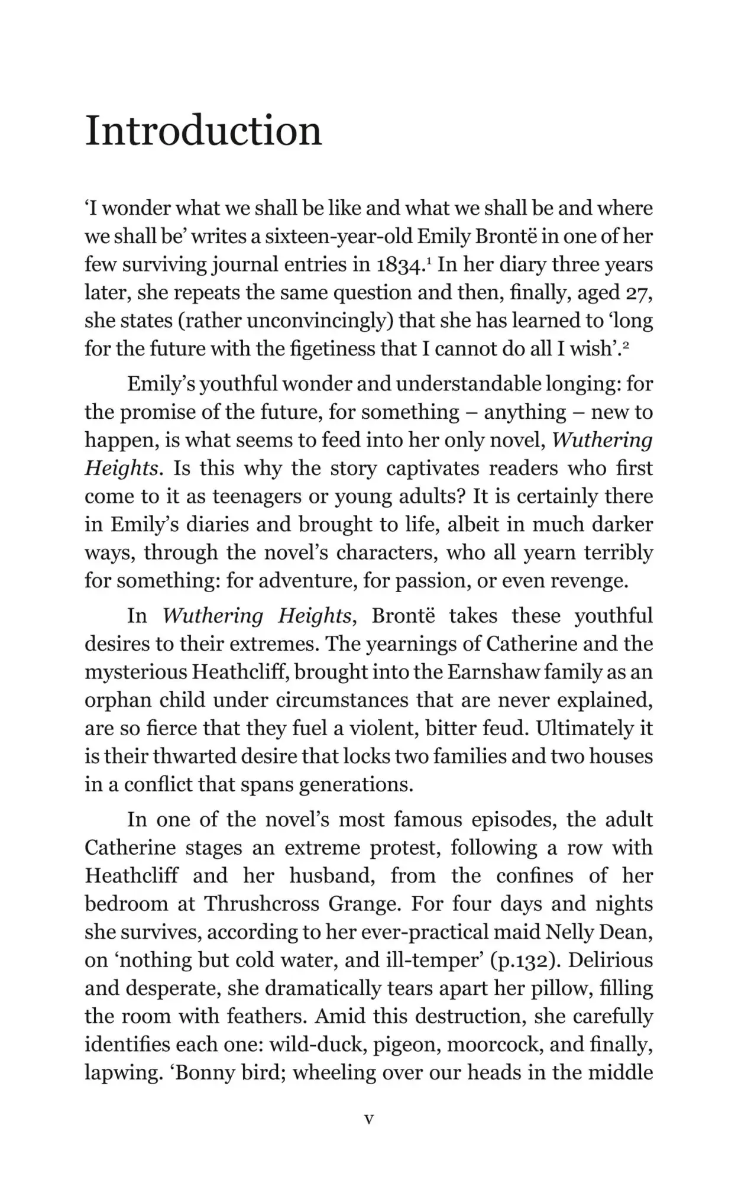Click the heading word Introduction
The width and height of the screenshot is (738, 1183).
point(203,131)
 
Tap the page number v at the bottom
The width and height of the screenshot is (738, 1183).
point(369,1119)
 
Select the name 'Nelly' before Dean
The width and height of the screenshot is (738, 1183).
point(569,932)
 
